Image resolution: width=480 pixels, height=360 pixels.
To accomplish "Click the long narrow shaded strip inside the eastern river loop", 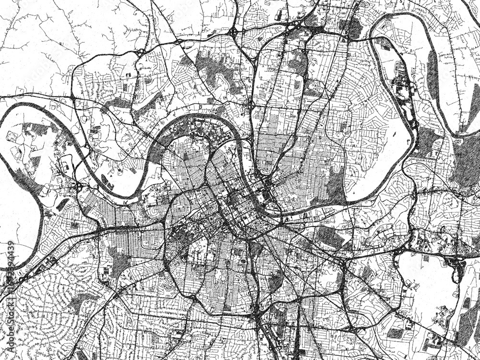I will pyautogui.click(x=432, y=77).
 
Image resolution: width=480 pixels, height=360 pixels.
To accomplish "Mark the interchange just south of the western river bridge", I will pyautogui.click(x=77, y=185).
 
